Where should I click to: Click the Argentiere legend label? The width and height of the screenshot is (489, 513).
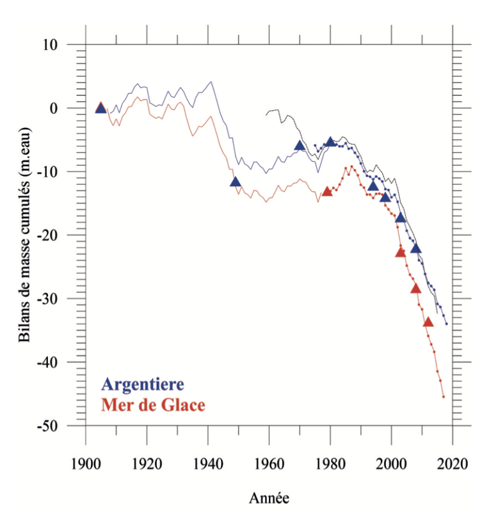143,385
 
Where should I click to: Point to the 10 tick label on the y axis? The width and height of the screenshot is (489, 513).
51,45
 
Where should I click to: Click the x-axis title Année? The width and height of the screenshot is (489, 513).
269,496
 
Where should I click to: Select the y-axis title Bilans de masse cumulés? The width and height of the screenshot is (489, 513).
26,235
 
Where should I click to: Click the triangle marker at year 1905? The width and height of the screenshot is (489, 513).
100,108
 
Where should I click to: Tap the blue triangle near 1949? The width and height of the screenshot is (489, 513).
236,182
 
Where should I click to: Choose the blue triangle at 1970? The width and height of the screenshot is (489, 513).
300,146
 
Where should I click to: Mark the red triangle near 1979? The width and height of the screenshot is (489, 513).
327,191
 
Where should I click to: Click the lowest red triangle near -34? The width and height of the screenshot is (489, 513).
428,322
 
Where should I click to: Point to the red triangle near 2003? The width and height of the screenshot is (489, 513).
401,252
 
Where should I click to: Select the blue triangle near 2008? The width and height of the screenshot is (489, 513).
416,248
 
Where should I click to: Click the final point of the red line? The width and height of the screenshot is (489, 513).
443,397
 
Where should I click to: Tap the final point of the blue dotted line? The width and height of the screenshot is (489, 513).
446,324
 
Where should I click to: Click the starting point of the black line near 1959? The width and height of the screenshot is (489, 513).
266,114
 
